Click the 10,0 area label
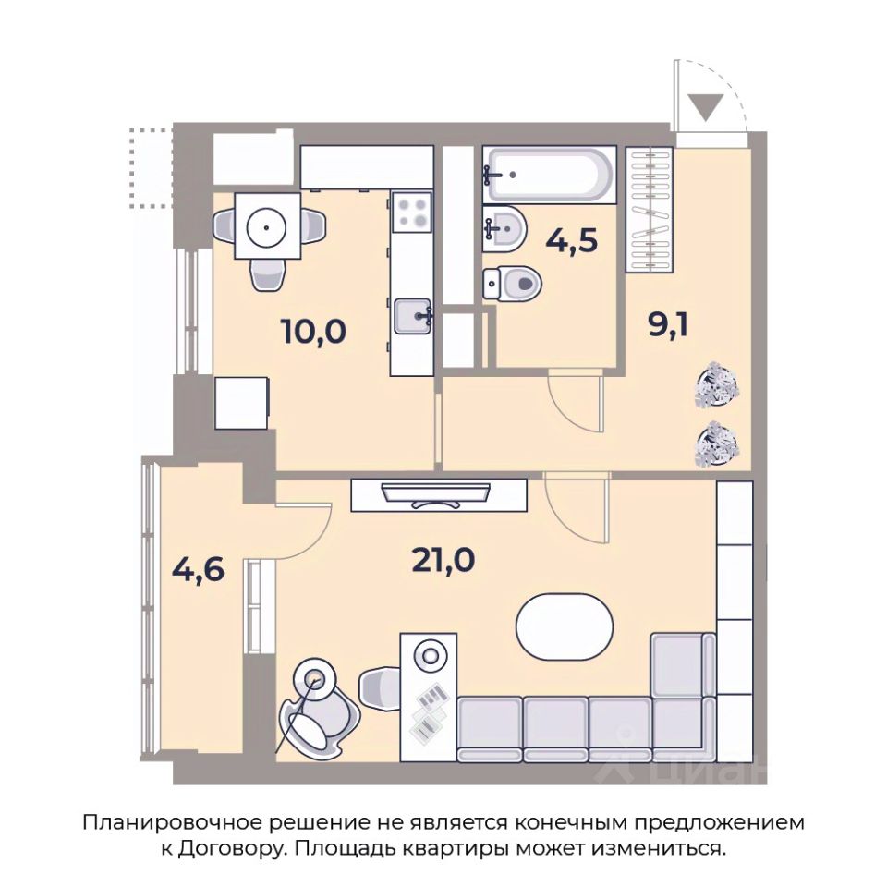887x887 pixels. click(313, 332)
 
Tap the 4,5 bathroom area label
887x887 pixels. click(571, 241)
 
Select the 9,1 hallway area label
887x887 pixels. click(668, 325)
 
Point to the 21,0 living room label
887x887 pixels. click(443, 561)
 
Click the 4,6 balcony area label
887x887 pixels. click(198, 570)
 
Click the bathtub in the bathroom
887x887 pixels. click(549, 175)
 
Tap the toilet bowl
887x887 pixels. click(512, 284)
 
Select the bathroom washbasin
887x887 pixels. click(504, 228)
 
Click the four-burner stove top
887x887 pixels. click(412, 213)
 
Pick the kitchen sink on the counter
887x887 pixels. click(414, 316)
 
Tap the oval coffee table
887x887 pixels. click(565, 626)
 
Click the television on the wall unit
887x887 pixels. click(435, 494)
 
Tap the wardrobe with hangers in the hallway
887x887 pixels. click(650, 210)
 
